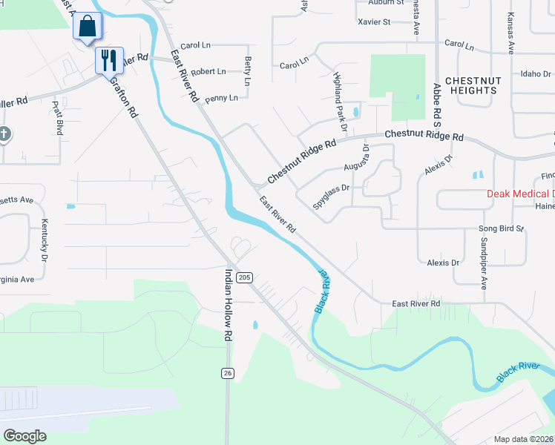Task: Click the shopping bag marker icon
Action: pos(87,27)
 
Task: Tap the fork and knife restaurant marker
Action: pos(109,60)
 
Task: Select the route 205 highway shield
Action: pos(246,277)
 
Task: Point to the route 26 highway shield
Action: pos(227,373)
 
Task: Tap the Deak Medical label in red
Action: pos(520,194)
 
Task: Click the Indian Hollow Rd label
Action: pos(229,305)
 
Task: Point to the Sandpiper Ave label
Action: pos(483,263)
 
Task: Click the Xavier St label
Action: pos(373,22)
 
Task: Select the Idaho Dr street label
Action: pos(536,74)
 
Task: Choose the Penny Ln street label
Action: pos(221,98)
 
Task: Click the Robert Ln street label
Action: pos(208,72)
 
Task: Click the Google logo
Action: pos(25,435)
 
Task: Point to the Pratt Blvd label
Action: pos(57,118)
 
